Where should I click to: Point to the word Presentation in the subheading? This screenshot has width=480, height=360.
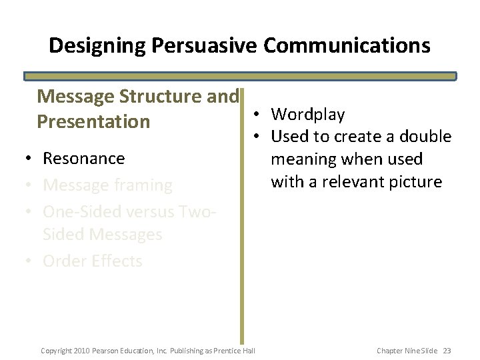[x=93, y=122]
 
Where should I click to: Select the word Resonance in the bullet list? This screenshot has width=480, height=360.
[x=83, y=159]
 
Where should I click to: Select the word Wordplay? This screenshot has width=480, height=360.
[x=308, y=115]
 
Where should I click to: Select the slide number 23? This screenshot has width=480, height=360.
[x=447, y=350]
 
